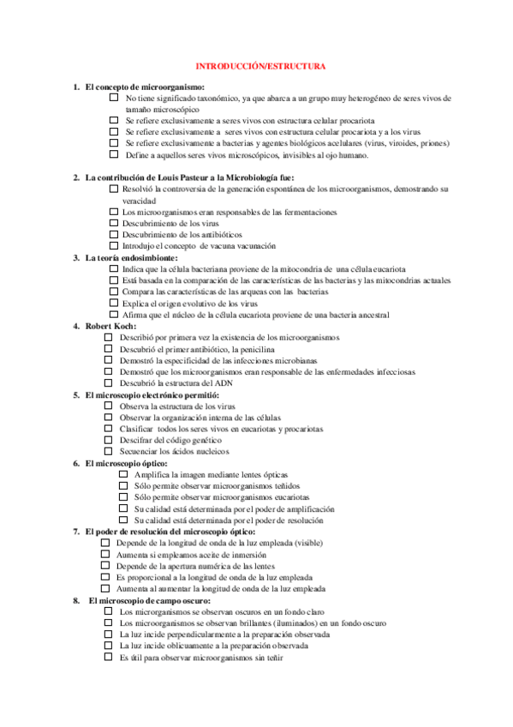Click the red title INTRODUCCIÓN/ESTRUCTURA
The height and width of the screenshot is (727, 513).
click(260, 66)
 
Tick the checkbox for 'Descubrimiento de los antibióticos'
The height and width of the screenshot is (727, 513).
click(114, 234)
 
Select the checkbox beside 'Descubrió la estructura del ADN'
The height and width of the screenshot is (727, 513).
click(108, 383)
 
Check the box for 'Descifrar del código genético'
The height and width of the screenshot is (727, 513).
click(108, 439)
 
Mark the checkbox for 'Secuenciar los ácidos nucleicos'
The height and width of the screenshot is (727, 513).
click(108, 450)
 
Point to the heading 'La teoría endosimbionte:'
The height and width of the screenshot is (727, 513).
click(131, 257)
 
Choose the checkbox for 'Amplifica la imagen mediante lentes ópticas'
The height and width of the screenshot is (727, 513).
click(123, 474)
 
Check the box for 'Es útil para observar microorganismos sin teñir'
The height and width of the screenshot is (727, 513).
click(108, 658)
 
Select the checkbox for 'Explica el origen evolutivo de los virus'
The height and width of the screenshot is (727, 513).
click(114, 303)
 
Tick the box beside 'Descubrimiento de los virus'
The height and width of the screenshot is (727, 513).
click(114, 223)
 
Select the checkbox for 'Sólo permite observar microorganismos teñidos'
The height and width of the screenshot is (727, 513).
click(123, 485)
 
